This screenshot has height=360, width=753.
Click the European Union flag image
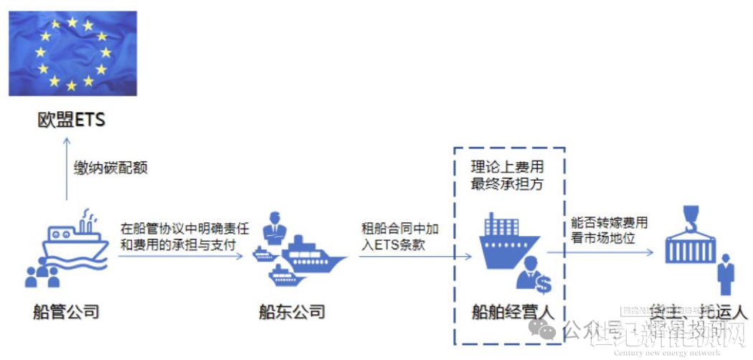(72, 53)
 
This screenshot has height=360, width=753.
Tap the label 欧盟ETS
(72, 119)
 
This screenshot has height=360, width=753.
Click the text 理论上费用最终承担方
(508, 175)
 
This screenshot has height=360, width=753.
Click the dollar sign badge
(543, 285)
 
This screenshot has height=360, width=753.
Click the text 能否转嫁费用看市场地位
(610, 230)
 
